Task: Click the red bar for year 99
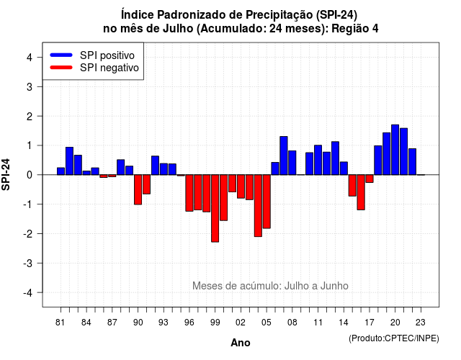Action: click(215, 208)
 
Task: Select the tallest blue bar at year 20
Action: click(395, 150)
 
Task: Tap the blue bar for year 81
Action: click(61, 171)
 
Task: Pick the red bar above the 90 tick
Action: click(138, 189)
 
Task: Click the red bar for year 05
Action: click(267, 202)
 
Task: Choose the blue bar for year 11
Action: click(318, 160)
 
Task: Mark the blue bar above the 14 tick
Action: click(344, 168)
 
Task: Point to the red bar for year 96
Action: click(189, 193)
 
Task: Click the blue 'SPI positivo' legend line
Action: click(61, 55)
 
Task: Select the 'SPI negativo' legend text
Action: click(109, 68)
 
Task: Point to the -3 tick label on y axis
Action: click(29, 264)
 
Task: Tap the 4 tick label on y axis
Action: click(30, 58)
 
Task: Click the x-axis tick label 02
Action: click(241, 323)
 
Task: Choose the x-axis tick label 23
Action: click(421, 323)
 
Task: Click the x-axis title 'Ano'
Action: click(241, 343)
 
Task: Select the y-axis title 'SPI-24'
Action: click(6, 174)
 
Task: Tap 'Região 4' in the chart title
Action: click(355, 29)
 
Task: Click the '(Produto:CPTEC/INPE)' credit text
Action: click(394, 338)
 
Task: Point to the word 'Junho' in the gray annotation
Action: click(334, 286)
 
